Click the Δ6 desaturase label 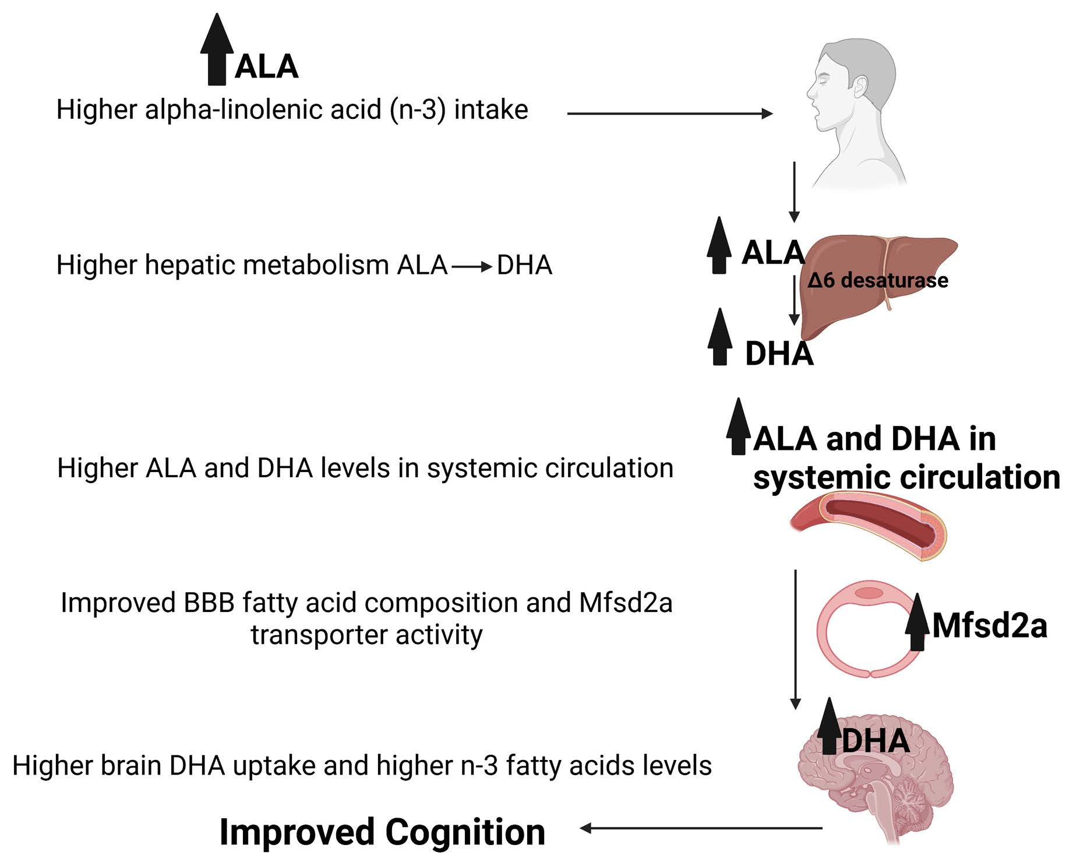[877, 280]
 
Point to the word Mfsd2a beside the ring [989, 626]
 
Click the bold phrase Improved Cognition [382, 832]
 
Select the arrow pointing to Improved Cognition [699, 828]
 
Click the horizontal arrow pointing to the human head [670, 114]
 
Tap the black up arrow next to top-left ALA [217, 50]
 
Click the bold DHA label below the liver [779, 354]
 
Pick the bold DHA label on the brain [875, 741]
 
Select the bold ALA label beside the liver [772, 253]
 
